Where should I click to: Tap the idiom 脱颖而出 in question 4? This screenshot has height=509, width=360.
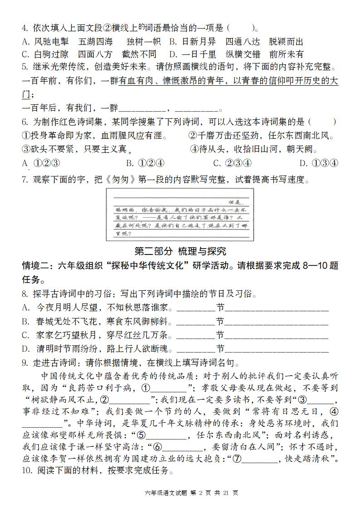tap(286, 42)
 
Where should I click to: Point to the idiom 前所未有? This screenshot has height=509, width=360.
tap(286, 54)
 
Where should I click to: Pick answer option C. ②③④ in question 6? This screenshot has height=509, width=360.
tap(232, 163)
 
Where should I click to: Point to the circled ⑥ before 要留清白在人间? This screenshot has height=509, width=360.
tap(158, 446)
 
